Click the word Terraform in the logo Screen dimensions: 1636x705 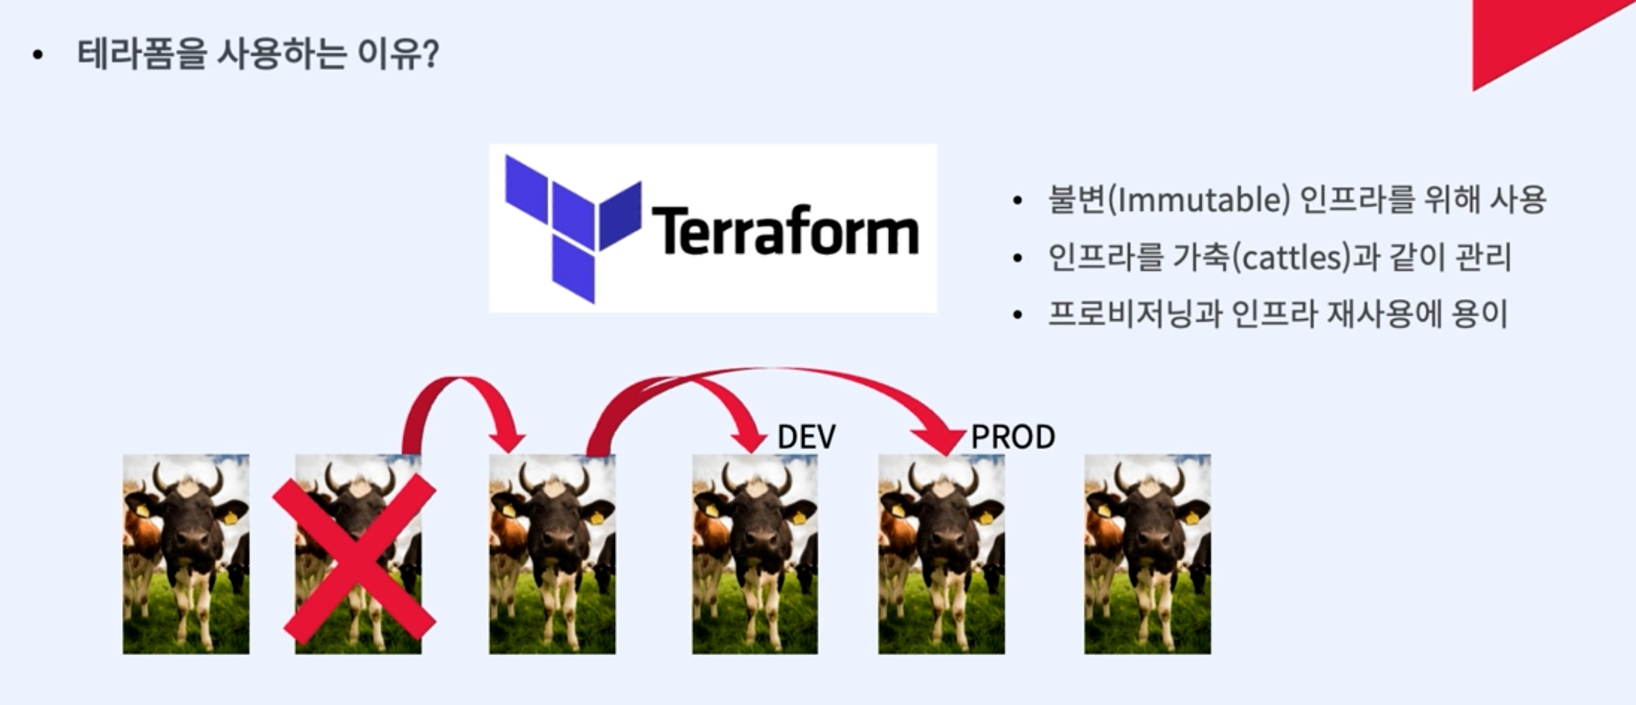coord(785,231)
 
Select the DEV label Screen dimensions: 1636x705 coord(806,437)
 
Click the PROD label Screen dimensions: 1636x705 coord(1012,437)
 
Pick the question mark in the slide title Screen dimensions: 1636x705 coord(429,54)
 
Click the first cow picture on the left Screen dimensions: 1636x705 coord(186,554)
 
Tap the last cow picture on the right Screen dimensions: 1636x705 coord(1147,554)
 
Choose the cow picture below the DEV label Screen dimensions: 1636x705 coord(754,554)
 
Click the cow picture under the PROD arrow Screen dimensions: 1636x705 coord(941,554)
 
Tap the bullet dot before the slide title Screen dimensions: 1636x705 coord(38,55)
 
